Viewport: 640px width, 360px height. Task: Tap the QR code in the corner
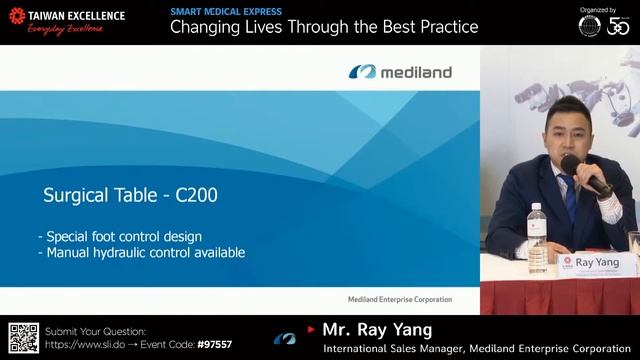(x=23, y=338)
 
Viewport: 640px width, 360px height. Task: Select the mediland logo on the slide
(x=400, y=72)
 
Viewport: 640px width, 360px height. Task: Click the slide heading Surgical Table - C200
(x=130, y=195)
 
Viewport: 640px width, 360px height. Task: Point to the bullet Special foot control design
(x=120, y=237)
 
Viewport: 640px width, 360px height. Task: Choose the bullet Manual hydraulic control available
(x=141, y=253)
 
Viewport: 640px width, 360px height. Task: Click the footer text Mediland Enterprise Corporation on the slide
(x=392, y=299)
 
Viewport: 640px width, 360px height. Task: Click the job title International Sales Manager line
(x=479, y=348)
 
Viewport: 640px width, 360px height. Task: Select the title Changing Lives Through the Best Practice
(x=324, y=27)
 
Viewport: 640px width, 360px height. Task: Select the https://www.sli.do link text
(x=88, y=344)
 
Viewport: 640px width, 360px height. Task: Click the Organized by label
(x=598, y=9)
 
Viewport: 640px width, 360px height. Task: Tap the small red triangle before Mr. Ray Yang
(x=311, y=329)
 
